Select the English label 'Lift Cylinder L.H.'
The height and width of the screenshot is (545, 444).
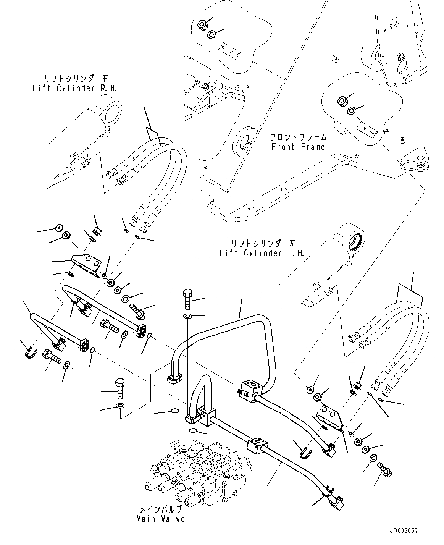tap(262, 253)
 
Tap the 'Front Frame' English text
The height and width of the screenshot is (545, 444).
tap(298, 147)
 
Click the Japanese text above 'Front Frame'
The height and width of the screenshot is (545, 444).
tap(298, 137)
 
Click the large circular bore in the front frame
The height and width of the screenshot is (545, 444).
tap(244, 141)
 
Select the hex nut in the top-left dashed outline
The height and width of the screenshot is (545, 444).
tap(202, 26)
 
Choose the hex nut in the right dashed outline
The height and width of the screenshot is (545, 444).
tap(342, 101)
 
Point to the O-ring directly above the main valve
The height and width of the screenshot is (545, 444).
tap(193, 432)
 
